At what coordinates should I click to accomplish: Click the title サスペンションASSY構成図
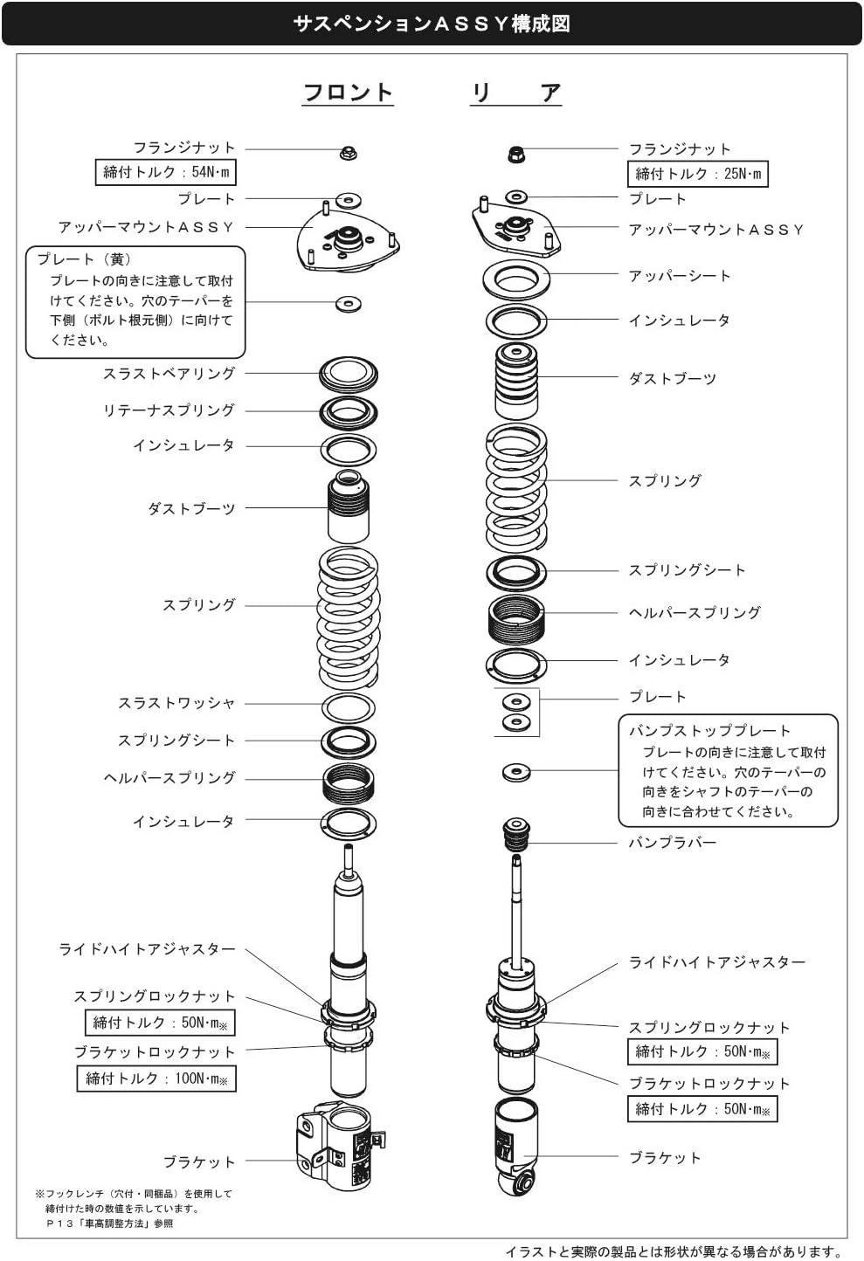[432, 24]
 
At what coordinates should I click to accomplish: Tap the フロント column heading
[348, 92]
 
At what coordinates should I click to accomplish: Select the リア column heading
[515, 92]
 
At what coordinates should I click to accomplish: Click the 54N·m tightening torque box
[166, 172]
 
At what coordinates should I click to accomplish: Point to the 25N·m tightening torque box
[698, 174]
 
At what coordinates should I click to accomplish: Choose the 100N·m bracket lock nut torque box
[156, 1078]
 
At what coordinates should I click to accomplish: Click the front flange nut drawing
[348, 154]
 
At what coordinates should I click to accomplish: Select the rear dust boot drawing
[515, 379]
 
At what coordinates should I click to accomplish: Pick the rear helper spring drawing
[516, 618]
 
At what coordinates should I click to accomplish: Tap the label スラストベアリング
[169, 374]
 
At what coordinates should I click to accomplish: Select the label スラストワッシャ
[176, 703]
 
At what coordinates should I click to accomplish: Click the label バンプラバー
[672, 843]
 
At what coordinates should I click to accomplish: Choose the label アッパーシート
[679, 276]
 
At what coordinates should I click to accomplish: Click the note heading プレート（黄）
[84, 259]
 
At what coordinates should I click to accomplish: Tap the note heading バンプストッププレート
[709, 730]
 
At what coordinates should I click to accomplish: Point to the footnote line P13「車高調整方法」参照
[110, 1223]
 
